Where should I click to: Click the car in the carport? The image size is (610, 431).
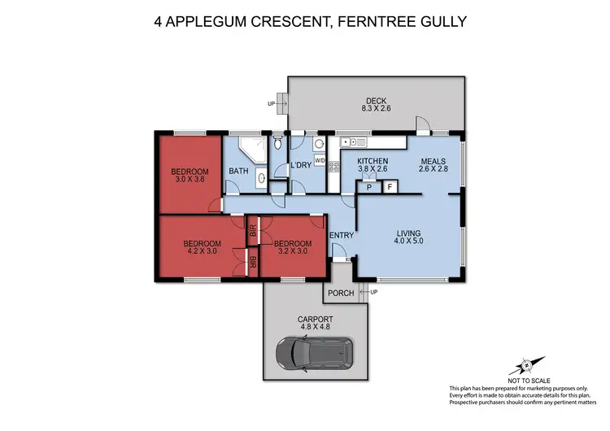click(x=314, y=351)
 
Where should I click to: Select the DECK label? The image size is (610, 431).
click(x=375, y=100)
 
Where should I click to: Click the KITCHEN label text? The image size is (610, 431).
click(x=373, y=161)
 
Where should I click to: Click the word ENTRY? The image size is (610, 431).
click(x=341, y=236)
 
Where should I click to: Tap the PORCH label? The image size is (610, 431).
click(x=340, y=293)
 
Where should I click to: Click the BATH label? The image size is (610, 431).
click(x=238, y=171)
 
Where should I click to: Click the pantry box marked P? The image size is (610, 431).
click(x=368, y=187)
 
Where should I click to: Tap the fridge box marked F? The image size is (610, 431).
click(x=390, y=187)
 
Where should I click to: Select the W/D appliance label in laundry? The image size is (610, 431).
click(x=320, y=160)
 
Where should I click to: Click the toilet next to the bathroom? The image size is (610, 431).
click(x=277, y=144)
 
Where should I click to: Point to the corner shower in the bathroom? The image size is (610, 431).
click(x=250, y=148)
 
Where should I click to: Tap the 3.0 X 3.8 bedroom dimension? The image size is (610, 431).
click(x=190, y=181)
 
